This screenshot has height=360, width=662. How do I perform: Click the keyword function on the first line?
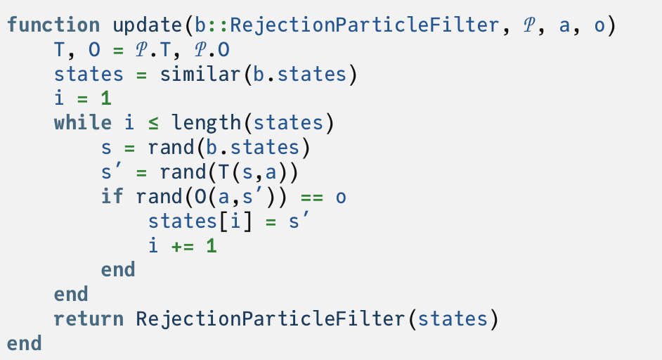(x=53, y=26)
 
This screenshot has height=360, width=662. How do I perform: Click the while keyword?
(x=83, y=123)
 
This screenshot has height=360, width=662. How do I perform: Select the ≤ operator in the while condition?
(x=153, y=124)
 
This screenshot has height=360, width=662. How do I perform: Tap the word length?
(x=207, y=123)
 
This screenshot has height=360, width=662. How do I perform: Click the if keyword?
(x=112, y=197)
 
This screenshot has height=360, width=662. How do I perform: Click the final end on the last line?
(x=24, y=343)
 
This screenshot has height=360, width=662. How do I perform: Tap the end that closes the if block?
(x=118, y=270)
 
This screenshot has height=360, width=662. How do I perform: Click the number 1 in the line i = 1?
(x=106, y=99)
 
